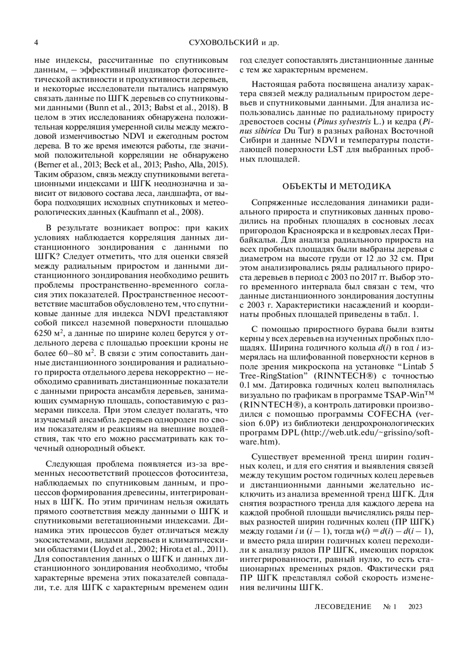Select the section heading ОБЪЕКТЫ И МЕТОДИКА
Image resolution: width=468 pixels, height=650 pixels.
coord(336,186)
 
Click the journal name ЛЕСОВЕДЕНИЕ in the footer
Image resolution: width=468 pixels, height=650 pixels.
coord(343,606)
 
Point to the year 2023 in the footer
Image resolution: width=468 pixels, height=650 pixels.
coord(415,606)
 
